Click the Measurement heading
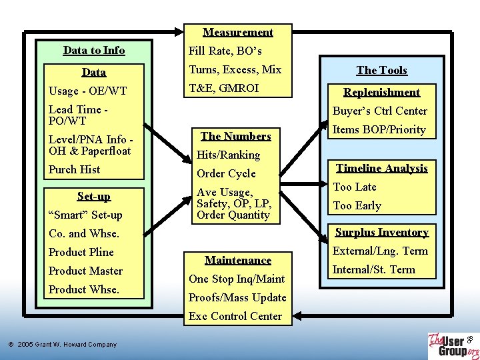pos(238,32)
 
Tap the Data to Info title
pos(94,50)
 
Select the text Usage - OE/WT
pos(87,91)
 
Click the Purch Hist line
pos(74,169)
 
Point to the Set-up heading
pos(94,196)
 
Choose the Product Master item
pos(85,271)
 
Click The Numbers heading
pos(236,136)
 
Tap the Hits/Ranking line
pos(227,155)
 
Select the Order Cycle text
pos(226,173)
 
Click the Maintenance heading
pos(238,260)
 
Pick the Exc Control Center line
pos(235,316)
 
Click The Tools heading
pos(381,70)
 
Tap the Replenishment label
pos(381,92)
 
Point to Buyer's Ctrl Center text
pos(380,111)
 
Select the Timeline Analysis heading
pos(382,168)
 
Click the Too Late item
pos(355,187)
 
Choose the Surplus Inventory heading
pos(381,232)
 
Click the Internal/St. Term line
pos(374,269)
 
